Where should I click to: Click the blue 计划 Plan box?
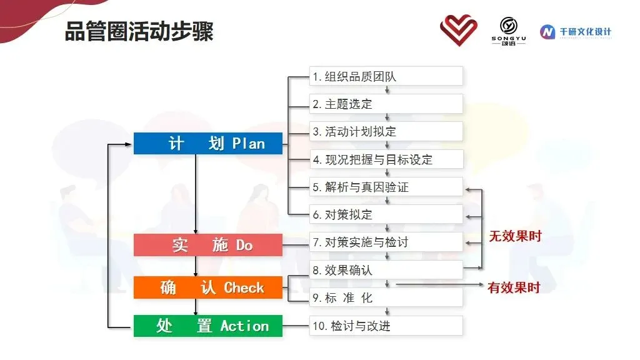click(207, 143)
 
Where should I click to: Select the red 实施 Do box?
click(207, 245)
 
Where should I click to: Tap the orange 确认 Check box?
click(207, 287)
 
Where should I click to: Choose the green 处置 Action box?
click(207, 326)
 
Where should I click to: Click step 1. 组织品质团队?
click(386, 76)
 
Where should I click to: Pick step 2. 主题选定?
click(386, 104)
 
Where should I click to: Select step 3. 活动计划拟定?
click(386, 131)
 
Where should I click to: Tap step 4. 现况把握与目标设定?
click(386, 159)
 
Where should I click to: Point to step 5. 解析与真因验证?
click(386, 187)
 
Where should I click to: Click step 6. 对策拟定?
click(386, 214)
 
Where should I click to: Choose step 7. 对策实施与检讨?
click(386, 242)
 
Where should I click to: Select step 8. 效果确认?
click(386, 270)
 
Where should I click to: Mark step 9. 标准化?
click(386, 297)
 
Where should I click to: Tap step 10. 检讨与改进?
click(386, 326)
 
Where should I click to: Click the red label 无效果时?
click(515, 236)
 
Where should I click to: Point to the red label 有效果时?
click(514, 287)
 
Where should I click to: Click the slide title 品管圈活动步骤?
click(139, 31)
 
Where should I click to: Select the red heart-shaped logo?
click(458, 30)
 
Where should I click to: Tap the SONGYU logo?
click(509, 31)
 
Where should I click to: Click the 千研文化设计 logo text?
click(585, 32)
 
